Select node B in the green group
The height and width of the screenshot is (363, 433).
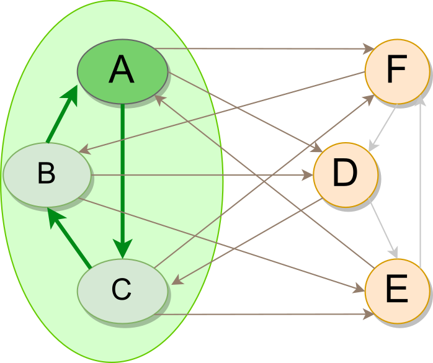point(47,174)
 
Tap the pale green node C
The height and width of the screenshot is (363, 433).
point(122,289)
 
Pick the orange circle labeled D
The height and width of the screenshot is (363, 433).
point(345,173)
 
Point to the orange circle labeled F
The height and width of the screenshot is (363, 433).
point(396,71)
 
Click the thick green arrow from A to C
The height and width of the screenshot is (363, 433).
point(123,174)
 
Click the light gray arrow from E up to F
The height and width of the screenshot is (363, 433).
point(422,180)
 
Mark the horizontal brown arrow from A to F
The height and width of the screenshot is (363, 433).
point(261,48)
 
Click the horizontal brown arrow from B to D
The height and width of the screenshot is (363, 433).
point(199,175)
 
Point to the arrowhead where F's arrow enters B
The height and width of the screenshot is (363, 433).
point(85,150)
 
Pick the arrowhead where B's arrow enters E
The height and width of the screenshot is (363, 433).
point(359,289)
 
